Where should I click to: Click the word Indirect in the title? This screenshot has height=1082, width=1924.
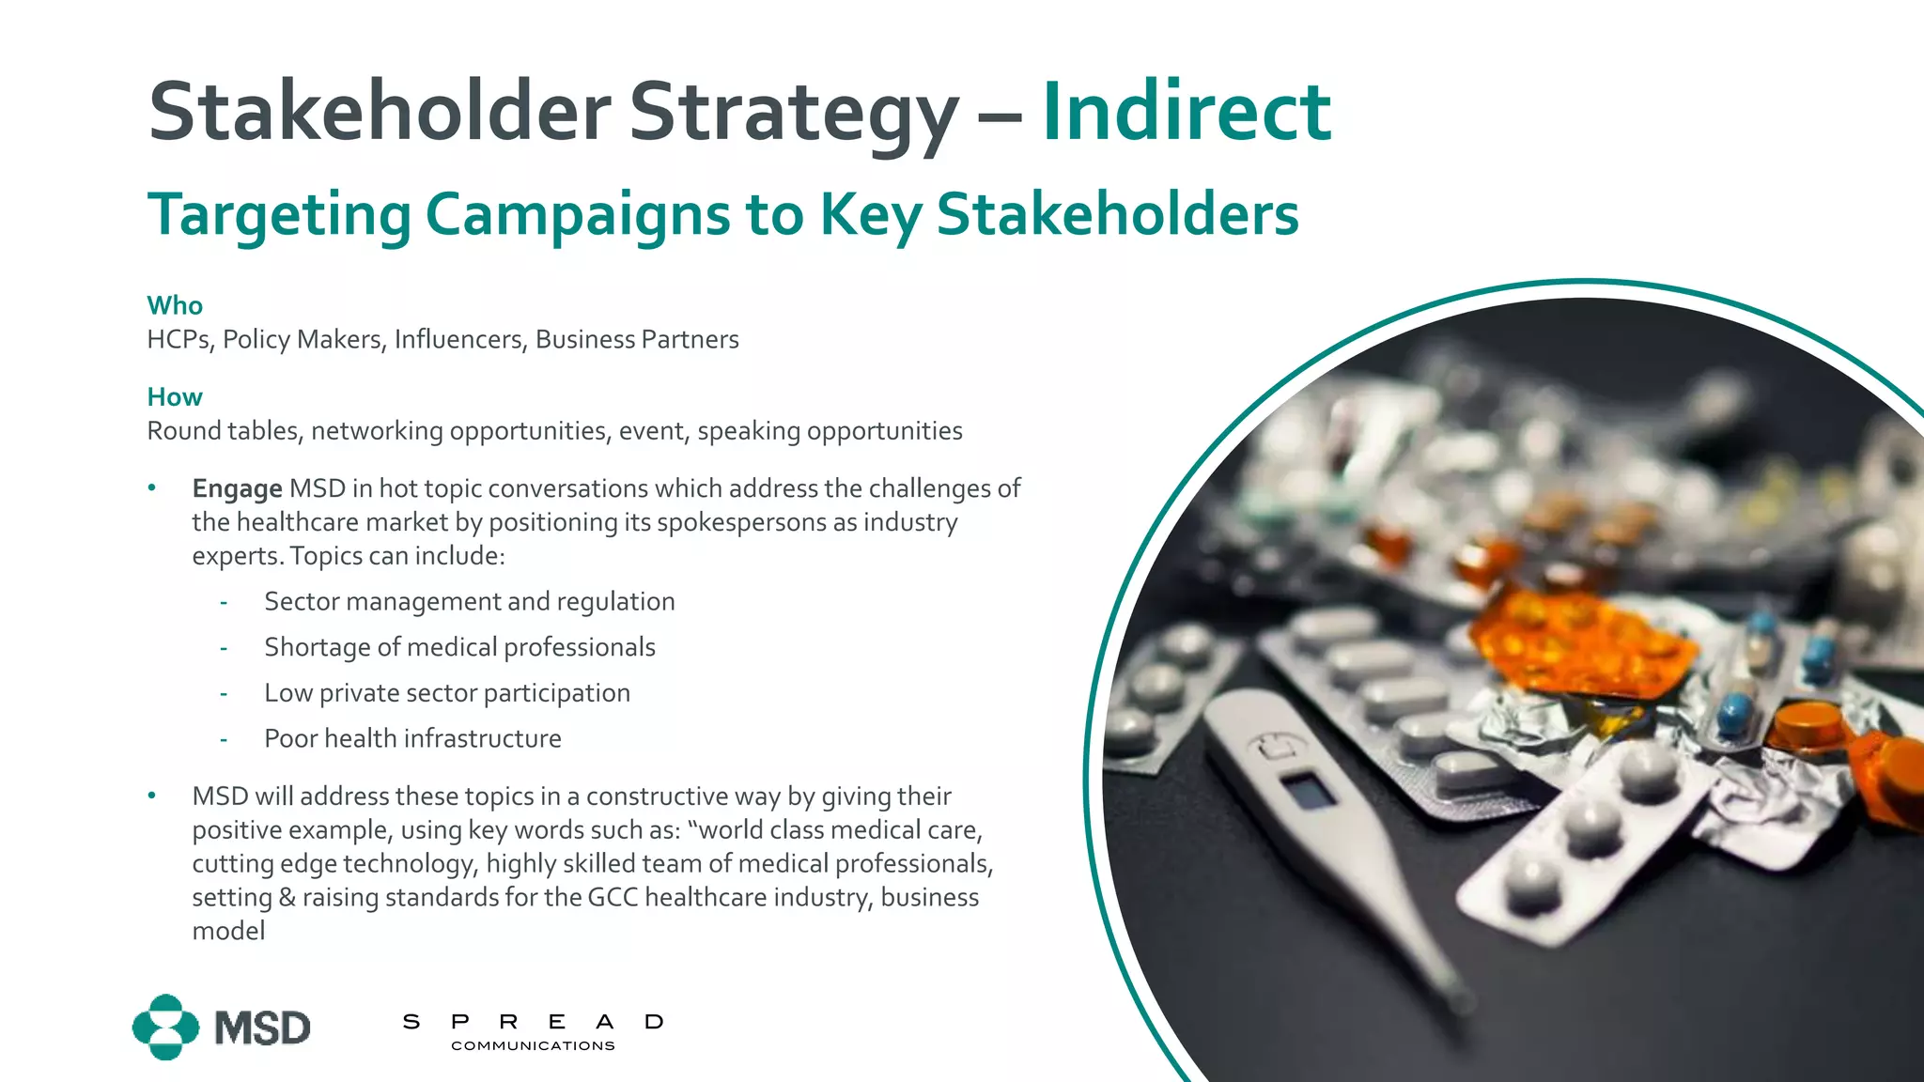(x=1186, y=113)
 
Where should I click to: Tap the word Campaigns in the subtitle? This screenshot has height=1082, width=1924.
(x=577, y=214)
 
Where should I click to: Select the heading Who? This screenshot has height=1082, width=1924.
(x=175, y=305)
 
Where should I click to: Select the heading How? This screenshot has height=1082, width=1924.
(x=175, y=396)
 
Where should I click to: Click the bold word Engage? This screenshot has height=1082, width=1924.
(x=237, y=488)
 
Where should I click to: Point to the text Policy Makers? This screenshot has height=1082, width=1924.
(x=303, y=339)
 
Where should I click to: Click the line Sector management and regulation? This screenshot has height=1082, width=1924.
(x=469, y=601)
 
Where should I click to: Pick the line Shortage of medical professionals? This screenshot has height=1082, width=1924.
(x=459, y=647)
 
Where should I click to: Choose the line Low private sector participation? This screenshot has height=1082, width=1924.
(x=447, y=693)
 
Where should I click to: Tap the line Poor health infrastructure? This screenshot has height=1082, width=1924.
(x=412, y=738)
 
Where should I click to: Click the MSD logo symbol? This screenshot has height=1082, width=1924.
(x=166, y=1027)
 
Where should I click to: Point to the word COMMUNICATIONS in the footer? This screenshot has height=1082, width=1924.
(x=533, y=1045)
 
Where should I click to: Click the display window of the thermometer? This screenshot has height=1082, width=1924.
(x=1308, y=790)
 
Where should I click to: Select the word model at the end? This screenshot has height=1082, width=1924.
(x=228, y=931)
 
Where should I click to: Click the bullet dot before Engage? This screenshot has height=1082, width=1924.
(x=152, y=487)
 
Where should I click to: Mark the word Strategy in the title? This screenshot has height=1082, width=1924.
(x=794, y=113)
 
